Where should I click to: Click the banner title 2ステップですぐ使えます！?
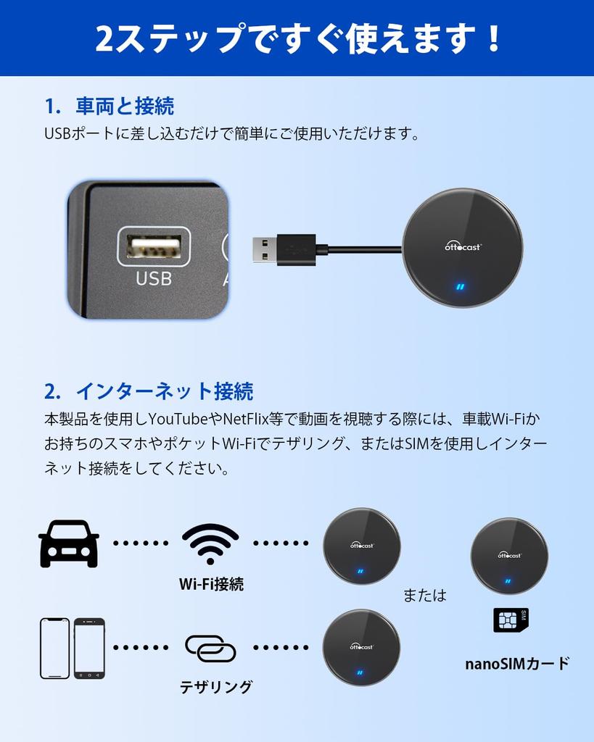click(297, 38)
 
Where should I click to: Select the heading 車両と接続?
click(125, 106)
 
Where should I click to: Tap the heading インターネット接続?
click(164, 391)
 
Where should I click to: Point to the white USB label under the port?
click(154, 278)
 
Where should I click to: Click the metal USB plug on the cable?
click(262, 249)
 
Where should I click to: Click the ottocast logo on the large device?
click(463, 246)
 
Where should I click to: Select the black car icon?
click(69, 543)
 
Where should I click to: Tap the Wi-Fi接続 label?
click(211, 584)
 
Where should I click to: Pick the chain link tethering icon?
click(210, 648)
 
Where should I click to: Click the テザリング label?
click(216, 687)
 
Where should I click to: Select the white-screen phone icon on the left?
click(55, 648)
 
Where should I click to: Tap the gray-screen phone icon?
click(89, 648)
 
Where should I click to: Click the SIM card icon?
click(511, 620)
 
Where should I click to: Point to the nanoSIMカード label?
click(517, 663)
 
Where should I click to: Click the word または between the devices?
click(425, 595)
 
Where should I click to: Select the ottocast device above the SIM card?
click(509, 556)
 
